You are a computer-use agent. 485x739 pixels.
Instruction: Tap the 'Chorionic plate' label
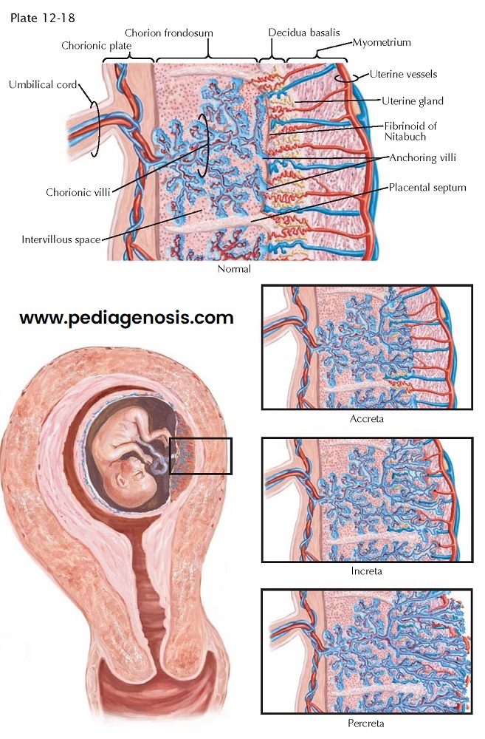coord(96,46)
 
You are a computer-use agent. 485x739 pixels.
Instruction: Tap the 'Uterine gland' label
coord(413,101)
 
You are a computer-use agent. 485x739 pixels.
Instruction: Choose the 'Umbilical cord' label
coord(43,84)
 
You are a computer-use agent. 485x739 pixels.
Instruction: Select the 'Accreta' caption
coord(367,418)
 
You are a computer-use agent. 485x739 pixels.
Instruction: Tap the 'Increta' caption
coord(367,571)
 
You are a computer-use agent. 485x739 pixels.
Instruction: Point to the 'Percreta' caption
coord(366,723)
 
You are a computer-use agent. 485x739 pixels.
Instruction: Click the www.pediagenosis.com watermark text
coord(126,319)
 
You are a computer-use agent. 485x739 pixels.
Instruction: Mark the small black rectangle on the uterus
coord(201,456)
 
